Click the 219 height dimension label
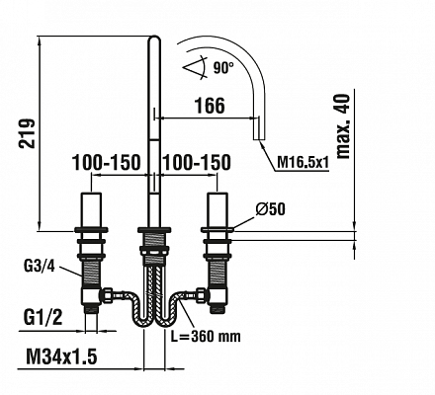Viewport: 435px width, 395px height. pos(27,133)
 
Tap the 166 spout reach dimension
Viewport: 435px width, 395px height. pos(210,106)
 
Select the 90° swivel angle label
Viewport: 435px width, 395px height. pos(223,68)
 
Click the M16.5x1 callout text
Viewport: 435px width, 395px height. pos(304,162)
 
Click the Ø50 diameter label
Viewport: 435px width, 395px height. pos(270,208)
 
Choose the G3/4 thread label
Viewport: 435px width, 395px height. pos(40,267)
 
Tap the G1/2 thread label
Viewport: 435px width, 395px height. pos(43,317)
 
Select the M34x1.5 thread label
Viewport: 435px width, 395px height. pos(61,356)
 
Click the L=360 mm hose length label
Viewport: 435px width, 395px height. pos(206,336)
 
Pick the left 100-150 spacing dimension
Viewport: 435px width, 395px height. pos(106,162)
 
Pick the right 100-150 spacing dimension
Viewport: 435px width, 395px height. pos(197,162)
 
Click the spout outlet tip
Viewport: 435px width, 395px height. pos(258,139)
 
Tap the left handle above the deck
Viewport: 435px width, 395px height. pos(91,209)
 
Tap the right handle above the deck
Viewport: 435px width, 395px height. pos(217,209)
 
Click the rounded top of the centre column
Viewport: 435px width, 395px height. pos(154,38)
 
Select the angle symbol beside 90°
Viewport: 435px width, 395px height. pos(195,68)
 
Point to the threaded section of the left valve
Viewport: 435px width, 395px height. pos(91,272)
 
